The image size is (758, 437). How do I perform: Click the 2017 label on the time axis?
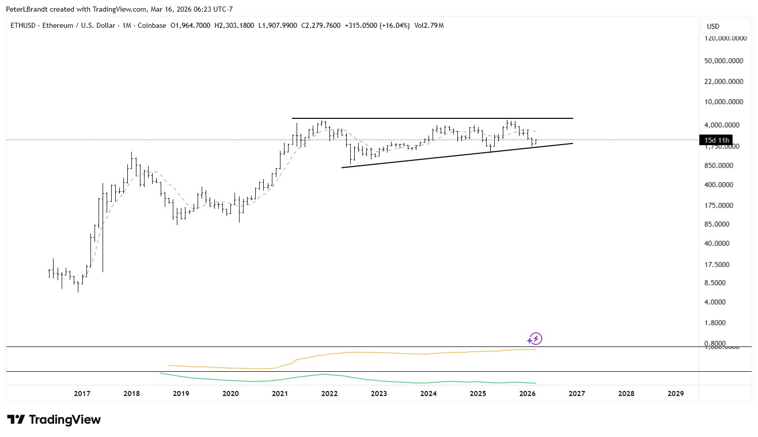coord(82,394)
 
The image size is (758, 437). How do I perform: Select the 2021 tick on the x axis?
coord(280,394)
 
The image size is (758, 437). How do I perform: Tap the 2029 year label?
coord(676,394)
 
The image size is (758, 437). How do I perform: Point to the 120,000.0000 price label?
coord(724,38)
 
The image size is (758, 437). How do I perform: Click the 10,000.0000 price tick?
coord(724,102)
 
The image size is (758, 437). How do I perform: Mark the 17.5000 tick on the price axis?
coord(717,265)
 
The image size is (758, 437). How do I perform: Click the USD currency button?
coord(713,26)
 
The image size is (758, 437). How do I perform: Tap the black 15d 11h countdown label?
coord(716,140)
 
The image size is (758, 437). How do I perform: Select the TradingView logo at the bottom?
coord(54,420)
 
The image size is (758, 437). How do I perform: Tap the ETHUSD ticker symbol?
coord(23,25)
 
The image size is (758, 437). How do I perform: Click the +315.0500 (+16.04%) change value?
coord(376,25)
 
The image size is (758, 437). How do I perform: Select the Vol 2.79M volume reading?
coord(429,25)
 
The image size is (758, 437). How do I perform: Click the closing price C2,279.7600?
coord(321,25)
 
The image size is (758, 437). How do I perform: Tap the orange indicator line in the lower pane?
coord(354,353)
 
